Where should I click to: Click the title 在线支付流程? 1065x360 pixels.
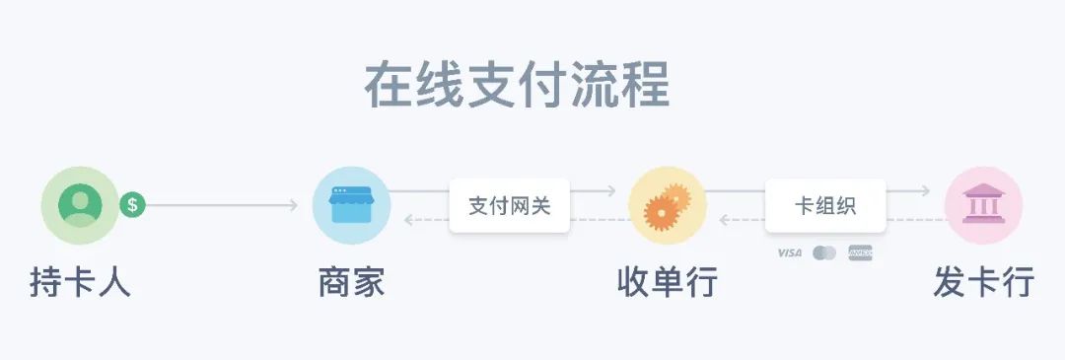click(x=517, y=85)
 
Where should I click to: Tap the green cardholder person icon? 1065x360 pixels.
click(x=80, y=205)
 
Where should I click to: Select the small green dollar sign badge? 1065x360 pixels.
click(x=132, y=205)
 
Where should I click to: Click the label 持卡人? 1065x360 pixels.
click(x=80, y=283)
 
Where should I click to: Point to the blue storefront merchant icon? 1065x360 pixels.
click(x=351, y=205)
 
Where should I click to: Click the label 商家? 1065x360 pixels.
click(x=351, y=283)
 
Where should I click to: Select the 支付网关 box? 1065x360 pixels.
click(x=509, y=206)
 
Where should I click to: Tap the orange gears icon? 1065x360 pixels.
click(x=667, y=205)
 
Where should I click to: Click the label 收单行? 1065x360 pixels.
click(x=667, y=283)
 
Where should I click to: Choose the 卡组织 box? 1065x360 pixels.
click(x=825, y=206)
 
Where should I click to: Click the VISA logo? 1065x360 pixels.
click(x=789, y=253)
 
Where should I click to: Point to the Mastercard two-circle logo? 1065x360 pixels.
click(x=824, y=253)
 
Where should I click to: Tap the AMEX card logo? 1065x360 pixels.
click(x=861, y=253)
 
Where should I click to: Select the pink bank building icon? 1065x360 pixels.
click(x=983, y=205)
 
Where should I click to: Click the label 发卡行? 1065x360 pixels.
click(x=983, y=283)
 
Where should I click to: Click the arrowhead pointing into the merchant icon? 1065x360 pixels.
click(x=293, y=205)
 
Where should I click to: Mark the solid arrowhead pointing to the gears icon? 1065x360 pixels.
click(x=610, y=191)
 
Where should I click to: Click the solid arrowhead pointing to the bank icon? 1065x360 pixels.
click(x=925, y=191)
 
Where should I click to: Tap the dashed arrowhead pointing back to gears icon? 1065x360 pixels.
click(x=725, y=220)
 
